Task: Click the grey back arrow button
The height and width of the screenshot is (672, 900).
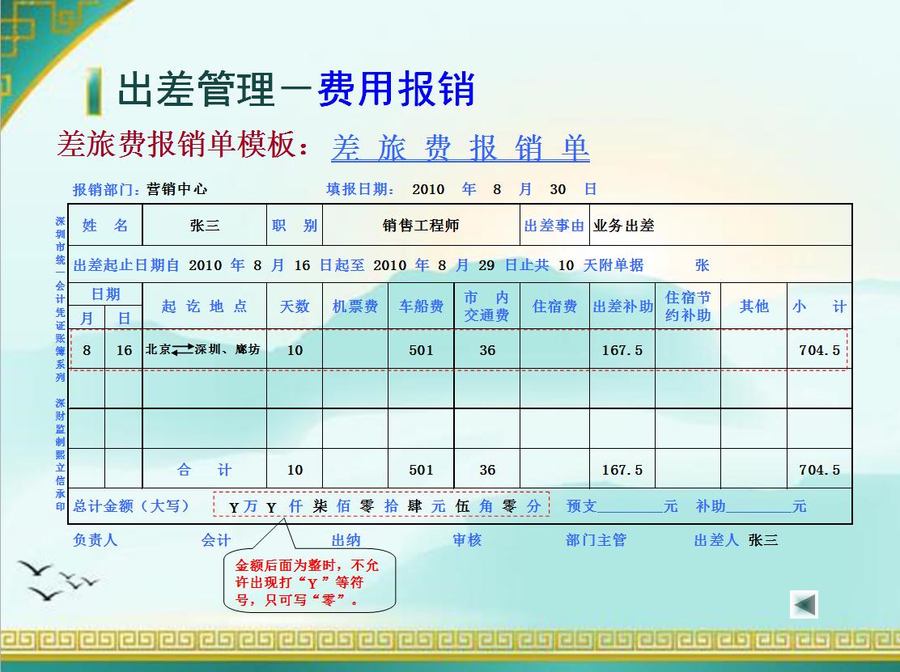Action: [x=804, y=604]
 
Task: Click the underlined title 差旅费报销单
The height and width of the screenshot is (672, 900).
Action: [x=460, y=147]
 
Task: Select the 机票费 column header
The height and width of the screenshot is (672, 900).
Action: [x=354, y=306]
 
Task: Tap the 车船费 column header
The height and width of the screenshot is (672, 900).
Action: [x=421, y=306]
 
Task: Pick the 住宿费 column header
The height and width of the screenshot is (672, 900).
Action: [x=554, y=306]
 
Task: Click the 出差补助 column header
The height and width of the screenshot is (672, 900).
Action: [x=622, y=306]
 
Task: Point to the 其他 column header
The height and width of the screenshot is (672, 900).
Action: [x=754, y=306]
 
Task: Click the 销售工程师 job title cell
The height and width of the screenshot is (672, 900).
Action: [x=421, y=226]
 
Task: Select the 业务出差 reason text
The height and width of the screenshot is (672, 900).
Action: [x=623, y=226]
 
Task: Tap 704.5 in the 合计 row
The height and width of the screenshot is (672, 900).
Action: [x=819, y=470]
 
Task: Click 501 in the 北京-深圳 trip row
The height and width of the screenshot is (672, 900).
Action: [x=421, y=350]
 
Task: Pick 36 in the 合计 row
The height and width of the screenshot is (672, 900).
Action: [x=487, y=470]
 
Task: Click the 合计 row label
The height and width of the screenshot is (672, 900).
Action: [x=205, y=470]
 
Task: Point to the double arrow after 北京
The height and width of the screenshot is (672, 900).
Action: [x=183, y=349]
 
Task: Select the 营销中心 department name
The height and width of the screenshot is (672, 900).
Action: [x=176, y=189]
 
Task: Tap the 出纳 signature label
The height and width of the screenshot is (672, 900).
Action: [x=346, y=539]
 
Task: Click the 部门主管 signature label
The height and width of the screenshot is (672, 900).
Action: [x=596, y=539]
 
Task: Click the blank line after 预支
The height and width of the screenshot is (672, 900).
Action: [x=630, y=508]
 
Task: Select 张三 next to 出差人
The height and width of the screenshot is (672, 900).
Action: [x=763, y=539]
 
